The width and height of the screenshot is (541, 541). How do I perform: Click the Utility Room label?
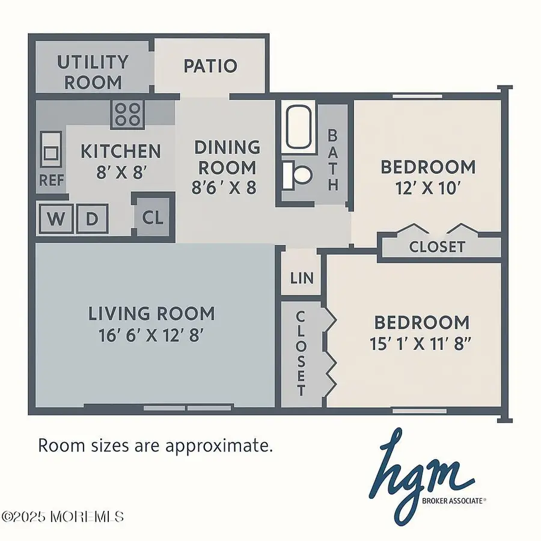[93, 72]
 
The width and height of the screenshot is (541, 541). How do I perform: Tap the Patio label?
[210, 66]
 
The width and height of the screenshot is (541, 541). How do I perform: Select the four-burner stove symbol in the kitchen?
[127, 112]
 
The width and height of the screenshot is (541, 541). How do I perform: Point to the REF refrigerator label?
[52, 180]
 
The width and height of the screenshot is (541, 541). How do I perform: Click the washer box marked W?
[56, 219]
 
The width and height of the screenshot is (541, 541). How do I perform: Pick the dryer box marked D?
[91, 219]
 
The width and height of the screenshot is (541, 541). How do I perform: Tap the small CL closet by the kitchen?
[153, 218]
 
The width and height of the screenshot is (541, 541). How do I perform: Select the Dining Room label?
[227, 157]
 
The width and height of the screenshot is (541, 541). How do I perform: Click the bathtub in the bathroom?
[301, 128]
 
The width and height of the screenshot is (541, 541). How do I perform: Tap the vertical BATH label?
[332, 159]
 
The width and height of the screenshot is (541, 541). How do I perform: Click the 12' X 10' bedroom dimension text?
[427, 188]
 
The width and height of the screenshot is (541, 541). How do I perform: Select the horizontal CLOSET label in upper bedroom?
[436, 246]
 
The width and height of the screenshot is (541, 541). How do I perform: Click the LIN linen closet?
[301, 278]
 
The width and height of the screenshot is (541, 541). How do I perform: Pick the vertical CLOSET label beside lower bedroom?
[301, 353]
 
